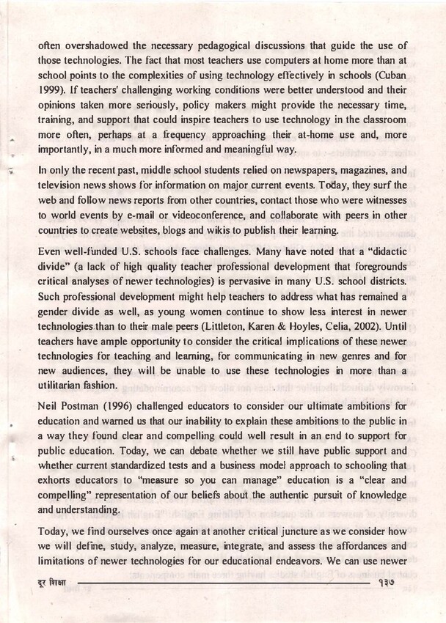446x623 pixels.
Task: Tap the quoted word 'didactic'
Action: pyautogui.click(x=388, y=251)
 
